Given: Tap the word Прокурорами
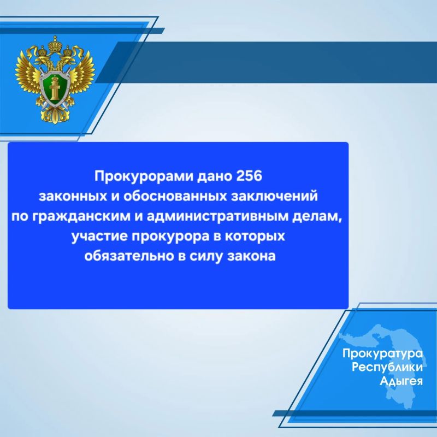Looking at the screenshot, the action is click(x=144, y=177).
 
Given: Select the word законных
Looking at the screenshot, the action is click(x=73, y=196).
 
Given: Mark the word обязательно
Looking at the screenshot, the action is click(x=129, y=256).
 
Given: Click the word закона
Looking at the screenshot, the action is click(x=252, y=256).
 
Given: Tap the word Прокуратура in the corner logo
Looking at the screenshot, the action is click(x=383, y=354).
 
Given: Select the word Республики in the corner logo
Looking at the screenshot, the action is click(x=387, y=367).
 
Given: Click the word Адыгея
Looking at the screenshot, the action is click(x=401, y=380).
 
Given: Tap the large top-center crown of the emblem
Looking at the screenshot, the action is click(x=55, y=44).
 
